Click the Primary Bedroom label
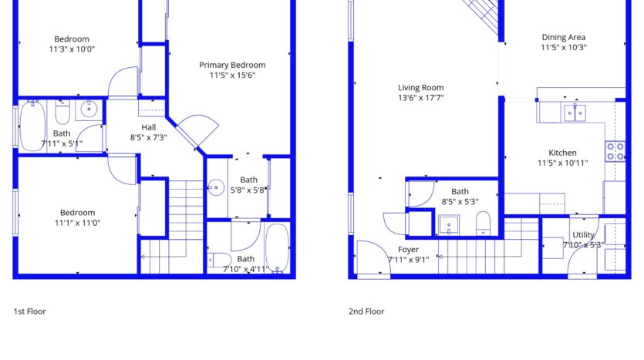click(x=232, y=65)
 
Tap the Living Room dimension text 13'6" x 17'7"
click(x=420, y=98)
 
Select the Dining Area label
click(x=564, y=37)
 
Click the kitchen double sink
click(x=575, y=113)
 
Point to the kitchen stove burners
click(x=615, y=151)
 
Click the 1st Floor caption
click(x=29, y=311)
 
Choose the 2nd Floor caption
click(x=366, y=311)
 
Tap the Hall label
click(x=148, y=127)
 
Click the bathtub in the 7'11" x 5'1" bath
click(x=32, y=126)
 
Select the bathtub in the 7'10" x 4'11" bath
click(x=277, y=248)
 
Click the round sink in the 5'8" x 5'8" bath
click(x=216, y=187)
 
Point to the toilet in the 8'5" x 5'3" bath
click(x=484, y=223)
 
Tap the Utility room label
click(x=583, y=235)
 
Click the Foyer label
click(x=408, y=250)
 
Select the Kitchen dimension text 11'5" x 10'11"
click(x=563, y=163)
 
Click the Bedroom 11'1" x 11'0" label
click(x=77, y=213)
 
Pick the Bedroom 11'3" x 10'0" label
click(x=72, y=39)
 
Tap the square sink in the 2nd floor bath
click(x=449, y=225)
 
